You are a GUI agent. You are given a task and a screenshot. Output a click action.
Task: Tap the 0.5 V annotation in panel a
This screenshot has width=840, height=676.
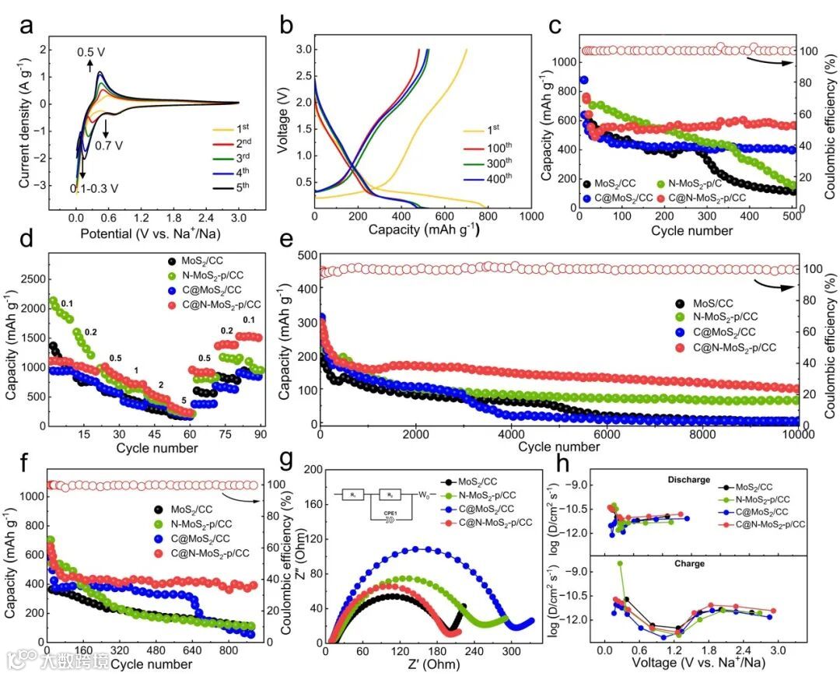tap(90, 52)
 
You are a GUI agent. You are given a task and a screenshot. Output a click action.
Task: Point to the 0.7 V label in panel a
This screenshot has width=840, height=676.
tap(110, 145)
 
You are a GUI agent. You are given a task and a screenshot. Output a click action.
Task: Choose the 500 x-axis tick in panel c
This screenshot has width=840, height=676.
tap(790, 215)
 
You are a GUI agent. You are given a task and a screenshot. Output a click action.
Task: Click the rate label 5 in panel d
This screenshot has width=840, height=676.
tap(184, 401)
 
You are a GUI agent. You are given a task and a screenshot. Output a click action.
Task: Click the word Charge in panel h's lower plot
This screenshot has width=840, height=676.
tap(690, 563)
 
